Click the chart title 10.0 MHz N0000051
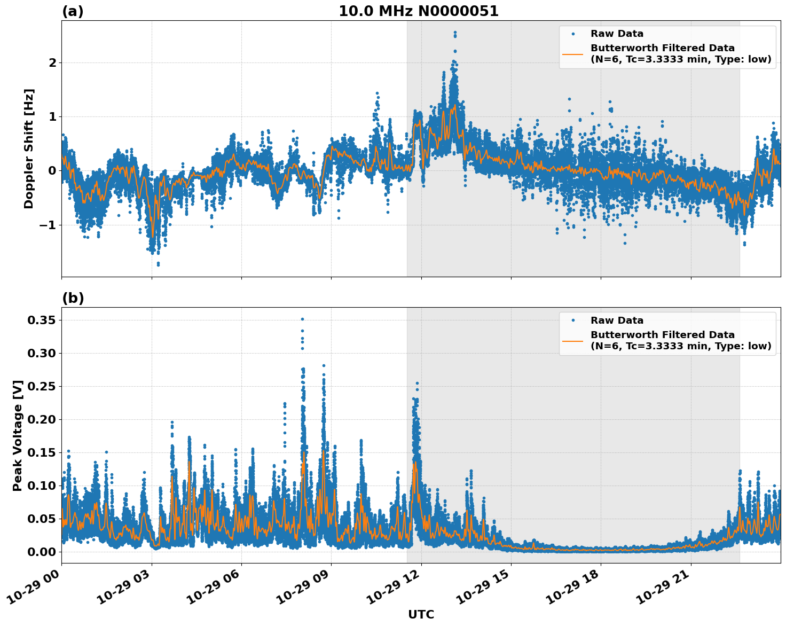pos(419,11)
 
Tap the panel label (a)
pos(73,11)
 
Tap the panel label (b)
pos(73,298)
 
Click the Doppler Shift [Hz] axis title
pos(29,148)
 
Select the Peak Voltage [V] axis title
pos(18,435)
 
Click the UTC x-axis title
pos(421,614)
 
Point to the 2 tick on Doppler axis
pos(52,63)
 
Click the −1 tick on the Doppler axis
pos(48,225)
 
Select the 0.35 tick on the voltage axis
pos(41,320)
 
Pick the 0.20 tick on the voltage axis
pos(41,420)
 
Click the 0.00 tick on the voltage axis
pos(41,552)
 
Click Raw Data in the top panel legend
pos(617,34)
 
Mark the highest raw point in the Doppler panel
pos(455,33)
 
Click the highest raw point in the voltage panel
pos(302,319)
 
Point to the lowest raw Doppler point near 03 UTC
pos(158,264)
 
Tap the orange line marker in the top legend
pos(573,53)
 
